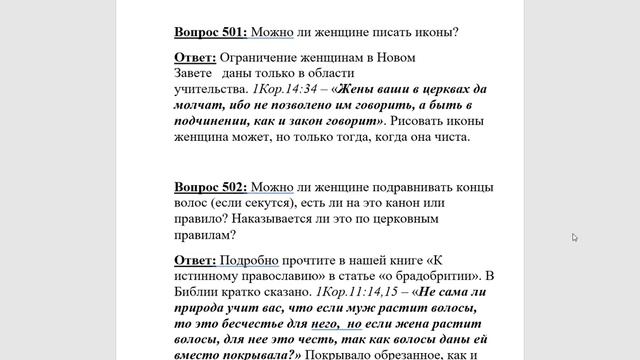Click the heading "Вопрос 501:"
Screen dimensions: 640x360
click(x=210, y=31)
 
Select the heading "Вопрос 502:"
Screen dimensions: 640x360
click(x=210, y=187)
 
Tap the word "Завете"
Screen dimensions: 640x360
click(x=196, y=73)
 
